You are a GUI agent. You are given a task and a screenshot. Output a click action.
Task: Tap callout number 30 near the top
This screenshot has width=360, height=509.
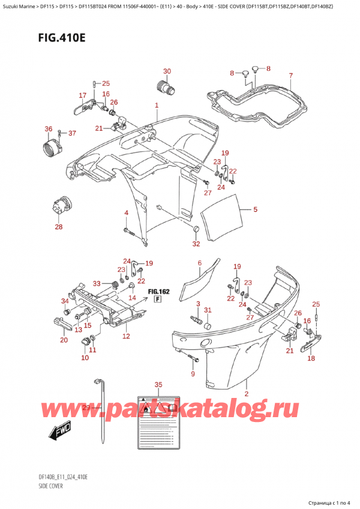[x=167, y=71]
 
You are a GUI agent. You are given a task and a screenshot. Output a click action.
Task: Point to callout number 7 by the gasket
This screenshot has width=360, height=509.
[x=290, y=76]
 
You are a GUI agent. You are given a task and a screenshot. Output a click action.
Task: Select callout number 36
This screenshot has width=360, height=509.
[x=48, y=128]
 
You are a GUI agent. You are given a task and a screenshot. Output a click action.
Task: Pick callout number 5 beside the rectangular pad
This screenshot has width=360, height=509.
[x=255, y=209]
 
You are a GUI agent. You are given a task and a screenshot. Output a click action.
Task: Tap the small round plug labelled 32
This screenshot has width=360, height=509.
[x=196, y=230]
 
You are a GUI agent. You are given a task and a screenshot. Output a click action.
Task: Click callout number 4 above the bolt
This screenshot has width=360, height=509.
[x=126, y=214]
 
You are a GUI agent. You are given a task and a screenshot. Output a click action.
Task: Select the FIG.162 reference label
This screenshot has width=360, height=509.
[x=160, y=292]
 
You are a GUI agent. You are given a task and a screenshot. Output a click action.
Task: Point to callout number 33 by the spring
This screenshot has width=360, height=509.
[x=97, y=284]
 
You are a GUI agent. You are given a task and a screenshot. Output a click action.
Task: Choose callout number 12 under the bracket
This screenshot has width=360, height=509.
[x=127, y=336]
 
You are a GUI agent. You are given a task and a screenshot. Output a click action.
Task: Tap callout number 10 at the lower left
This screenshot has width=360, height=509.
[x=84, y=358]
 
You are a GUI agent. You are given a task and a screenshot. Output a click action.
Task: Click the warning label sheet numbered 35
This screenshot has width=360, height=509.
[x=158, y=418]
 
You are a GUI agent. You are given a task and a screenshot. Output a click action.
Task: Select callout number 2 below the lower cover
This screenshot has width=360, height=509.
[x=247, y=394]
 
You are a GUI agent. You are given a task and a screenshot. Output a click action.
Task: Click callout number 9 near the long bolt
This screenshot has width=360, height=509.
[x=193, y=375]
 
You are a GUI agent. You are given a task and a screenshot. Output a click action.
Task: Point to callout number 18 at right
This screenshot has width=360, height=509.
[x=310, y=358]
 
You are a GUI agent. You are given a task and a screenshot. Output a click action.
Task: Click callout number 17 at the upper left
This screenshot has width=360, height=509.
[x=82, y=95]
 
